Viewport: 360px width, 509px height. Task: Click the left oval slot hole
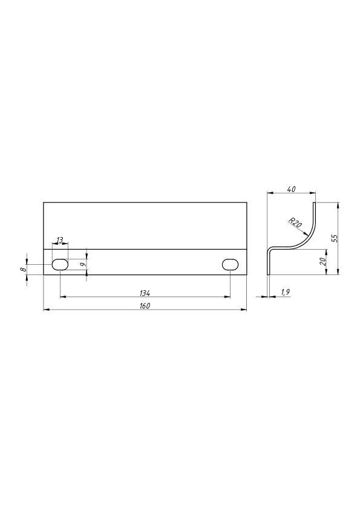[x=60, y=265]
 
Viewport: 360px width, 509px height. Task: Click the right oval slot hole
[x=230, y=265]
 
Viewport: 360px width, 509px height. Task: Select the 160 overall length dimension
[x=145, y=306]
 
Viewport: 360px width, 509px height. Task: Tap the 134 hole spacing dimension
[x=145, y=293]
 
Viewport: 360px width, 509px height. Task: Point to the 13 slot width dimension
[x=60, y=240]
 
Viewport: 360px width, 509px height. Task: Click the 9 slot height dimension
[x=83, y=265]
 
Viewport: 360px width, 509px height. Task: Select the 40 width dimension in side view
[x=292, y=189]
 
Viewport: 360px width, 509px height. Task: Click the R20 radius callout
[x=295, y=222]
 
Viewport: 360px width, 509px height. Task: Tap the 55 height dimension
[x=335, y=238]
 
